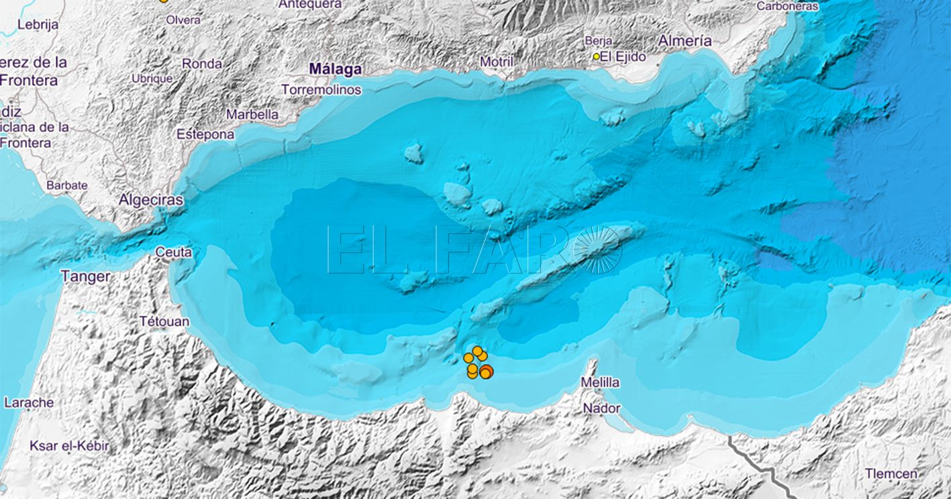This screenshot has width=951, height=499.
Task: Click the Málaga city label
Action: pyautogui.click(x=335, y=69)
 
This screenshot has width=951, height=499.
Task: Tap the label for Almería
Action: pyautogui.click(x=685, y=41)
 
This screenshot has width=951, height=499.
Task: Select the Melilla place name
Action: pyautogui.click(x=600, y=382)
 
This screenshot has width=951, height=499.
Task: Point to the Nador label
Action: pyautogui.click(x=601, y=408)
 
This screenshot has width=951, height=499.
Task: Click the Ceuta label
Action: pyautogui.click(x=173, y=253)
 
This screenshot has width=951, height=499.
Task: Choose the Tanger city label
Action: pyautogui.click(x=85, y=276)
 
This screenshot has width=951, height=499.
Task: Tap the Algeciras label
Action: pyautogui.click(x=150, y=200)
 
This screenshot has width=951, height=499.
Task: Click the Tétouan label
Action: pyautogui.click(x=164, y=322)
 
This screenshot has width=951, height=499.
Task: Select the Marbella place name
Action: pyautogui.click(x=252, y=115)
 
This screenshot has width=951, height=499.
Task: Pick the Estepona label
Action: pyautogui.click(x=205, y=135)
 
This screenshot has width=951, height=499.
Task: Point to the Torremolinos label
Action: pyautogui.click(x=321, y=90)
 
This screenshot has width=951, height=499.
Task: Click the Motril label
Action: pyautogui.click(x=496, y=62)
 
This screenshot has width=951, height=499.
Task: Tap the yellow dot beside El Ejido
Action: pyautogui.click(x=595, y=57)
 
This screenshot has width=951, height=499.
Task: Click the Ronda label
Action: pyautogui.click(x=201, y=64)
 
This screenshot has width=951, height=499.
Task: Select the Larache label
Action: pyautogui.click(x=28, y=403)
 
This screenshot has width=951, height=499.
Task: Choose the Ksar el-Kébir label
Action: pyautogui.click(x=68, y=446)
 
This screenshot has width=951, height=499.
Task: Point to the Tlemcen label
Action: pyautogui.click(x=891, y=474)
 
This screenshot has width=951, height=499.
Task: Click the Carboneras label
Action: pyautogui.click(x=787, y=6)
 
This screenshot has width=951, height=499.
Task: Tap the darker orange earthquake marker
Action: pyautogui.click(x=487, y=372)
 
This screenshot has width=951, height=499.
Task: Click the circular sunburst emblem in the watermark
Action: pyautogui.click(x=597, y=249)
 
